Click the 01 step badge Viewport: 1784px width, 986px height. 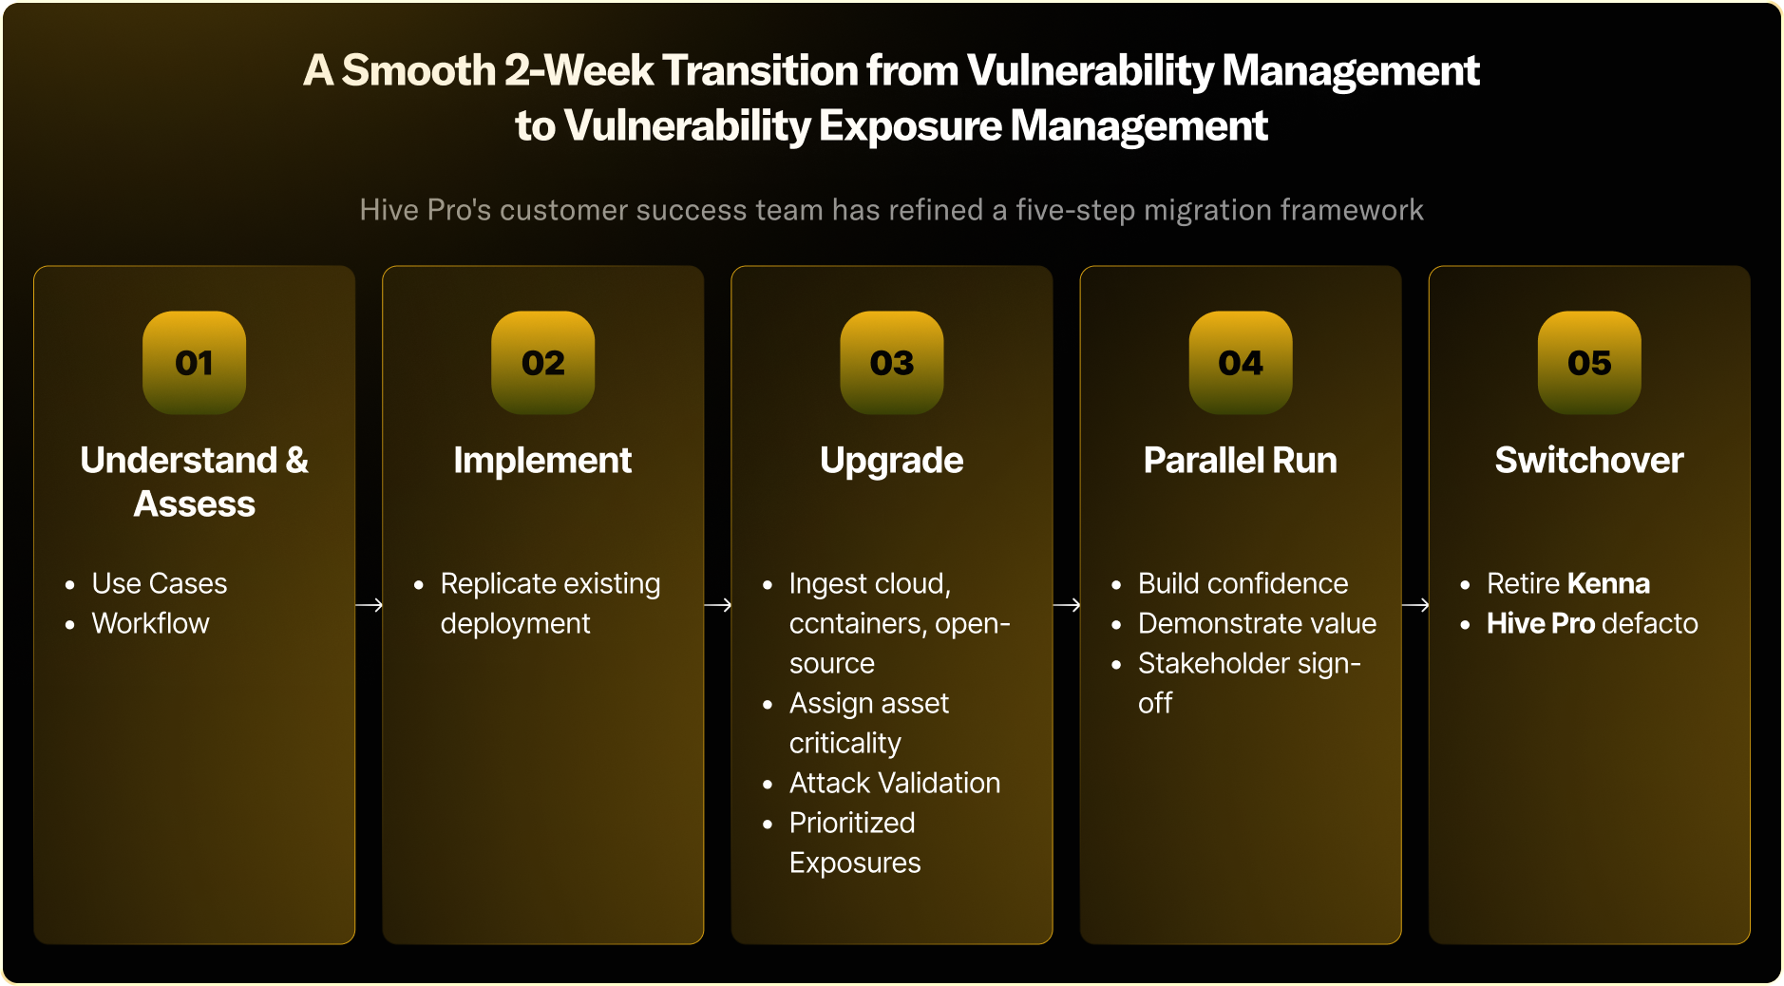point(194,362)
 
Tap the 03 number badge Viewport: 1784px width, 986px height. point(892,362)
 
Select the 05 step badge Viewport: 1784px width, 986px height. point(1589,362)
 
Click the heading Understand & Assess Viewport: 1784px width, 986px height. point(194,482)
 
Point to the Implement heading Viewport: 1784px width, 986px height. point(542,461)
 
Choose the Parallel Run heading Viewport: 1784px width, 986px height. point(1241,461)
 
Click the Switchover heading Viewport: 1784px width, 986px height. point(1589,461)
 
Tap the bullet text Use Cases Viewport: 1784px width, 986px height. point(160,583)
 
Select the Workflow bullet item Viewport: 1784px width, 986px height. point(150,623)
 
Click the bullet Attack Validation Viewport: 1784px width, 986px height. point(895,783)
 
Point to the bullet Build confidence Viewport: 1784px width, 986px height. point(1243,583)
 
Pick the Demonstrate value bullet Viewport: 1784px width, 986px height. point(1258,623)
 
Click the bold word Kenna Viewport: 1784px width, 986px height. point(1609,583)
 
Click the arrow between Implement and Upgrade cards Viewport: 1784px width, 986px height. point(718,604)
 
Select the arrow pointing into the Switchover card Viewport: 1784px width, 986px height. point(1415,604)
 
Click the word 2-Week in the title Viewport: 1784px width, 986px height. point(579,70)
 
